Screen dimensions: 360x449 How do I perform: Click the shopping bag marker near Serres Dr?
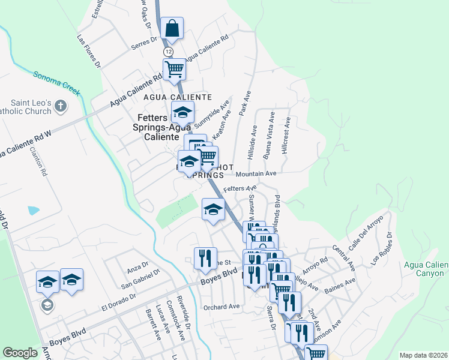tap(172, 29)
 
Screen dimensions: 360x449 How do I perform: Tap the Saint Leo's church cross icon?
tap(59, 107)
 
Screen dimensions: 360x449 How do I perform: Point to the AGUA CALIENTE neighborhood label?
tap(178, 97)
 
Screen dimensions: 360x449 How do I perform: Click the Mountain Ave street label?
tap(256, 173)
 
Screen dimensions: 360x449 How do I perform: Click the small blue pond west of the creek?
tap(33, 211)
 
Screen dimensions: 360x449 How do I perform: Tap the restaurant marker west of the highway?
tap(206, 258)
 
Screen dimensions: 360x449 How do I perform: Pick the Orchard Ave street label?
tap(221, 307)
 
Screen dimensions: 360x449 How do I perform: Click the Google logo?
tap(20, 353)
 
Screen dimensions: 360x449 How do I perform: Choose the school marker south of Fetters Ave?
tap(213, 209)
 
